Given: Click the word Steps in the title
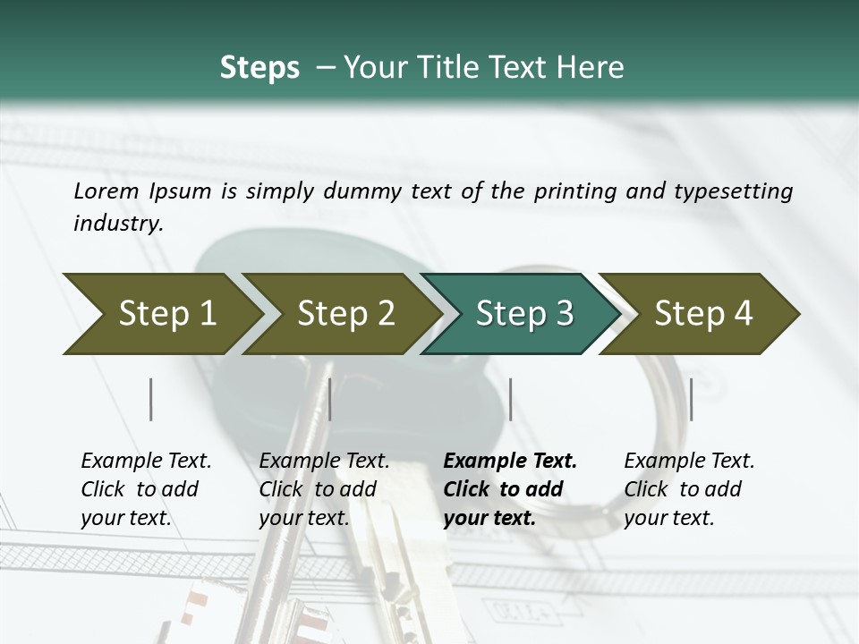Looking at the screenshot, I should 259,68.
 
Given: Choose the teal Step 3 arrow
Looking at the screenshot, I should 524,314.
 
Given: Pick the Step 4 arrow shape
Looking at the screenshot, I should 703,314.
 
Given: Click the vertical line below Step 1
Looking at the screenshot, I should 151,399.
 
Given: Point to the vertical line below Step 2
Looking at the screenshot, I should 330,399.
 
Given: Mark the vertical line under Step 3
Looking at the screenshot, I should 510,399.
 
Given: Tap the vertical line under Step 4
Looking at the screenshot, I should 691,399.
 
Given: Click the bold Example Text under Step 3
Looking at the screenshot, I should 510,488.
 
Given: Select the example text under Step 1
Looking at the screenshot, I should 146,488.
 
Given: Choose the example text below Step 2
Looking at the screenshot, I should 324,488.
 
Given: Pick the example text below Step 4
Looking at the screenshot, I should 689,488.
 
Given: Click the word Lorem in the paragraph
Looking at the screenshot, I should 106,191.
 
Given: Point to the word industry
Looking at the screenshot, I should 118,223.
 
